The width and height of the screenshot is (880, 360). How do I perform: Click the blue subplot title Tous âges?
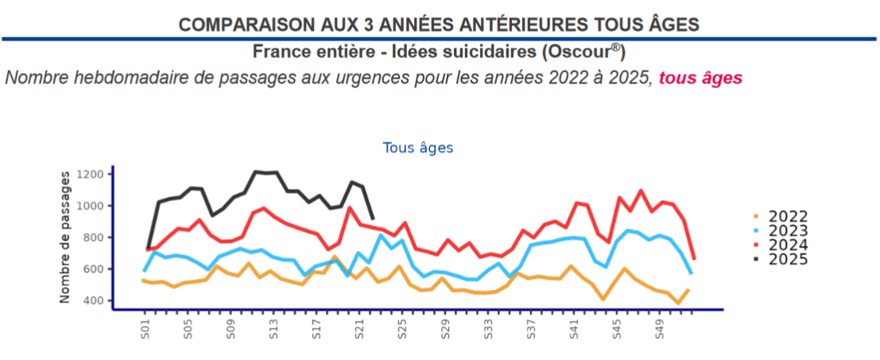(x=417, y=148)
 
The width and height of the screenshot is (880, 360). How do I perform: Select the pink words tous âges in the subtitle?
(x=700, y=78)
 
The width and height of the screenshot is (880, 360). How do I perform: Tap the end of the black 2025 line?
(x=374, y=219)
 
